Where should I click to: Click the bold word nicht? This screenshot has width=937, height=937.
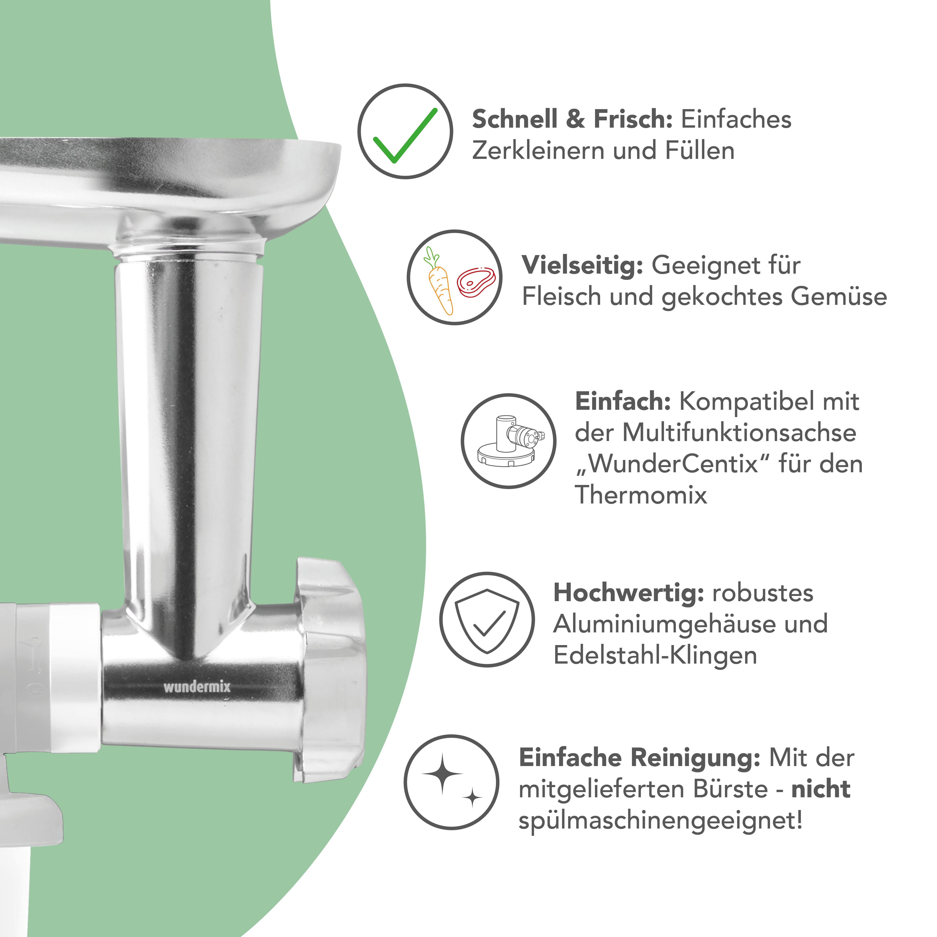pyautogui.click(x=821, y=789)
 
